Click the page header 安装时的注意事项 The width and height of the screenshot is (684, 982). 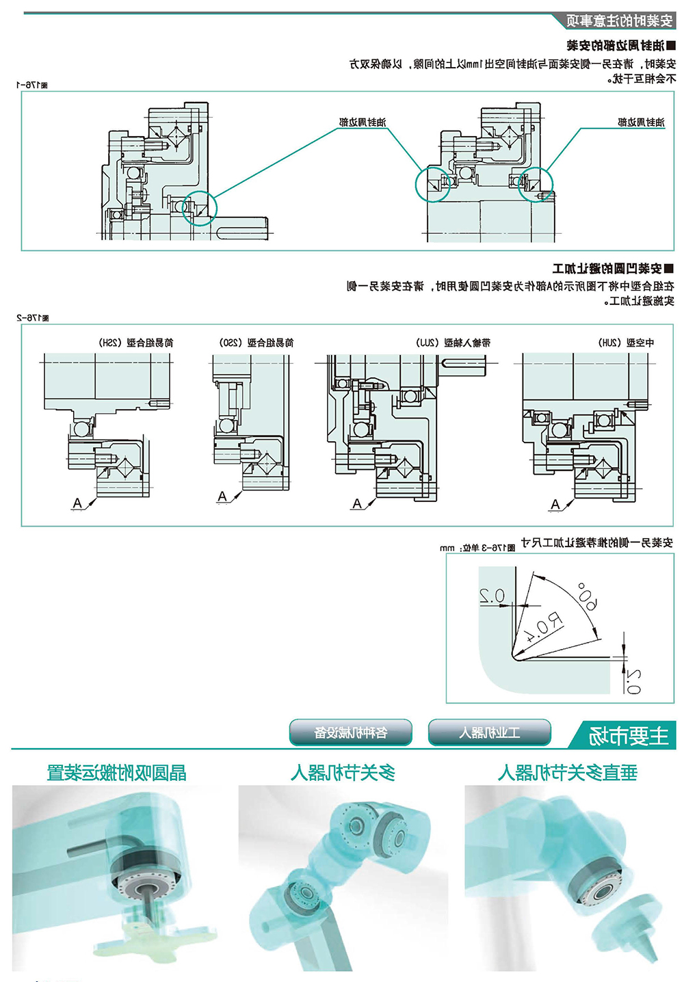tap(619, 21)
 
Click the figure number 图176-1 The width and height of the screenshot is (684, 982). tap(32, 85)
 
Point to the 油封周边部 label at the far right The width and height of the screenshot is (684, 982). tap(641, 122)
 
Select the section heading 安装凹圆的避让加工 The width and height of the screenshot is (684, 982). tap(613, 268)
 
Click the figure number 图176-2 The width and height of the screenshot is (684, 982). tap(32, 317)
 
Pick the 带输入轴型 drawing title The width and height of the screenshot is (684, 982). tap(453, 343)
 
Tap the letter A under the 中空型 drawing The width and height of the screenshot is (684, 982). tap(555, 504)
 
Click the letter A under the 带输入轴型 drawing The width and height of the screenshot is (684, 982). tap(356, 503)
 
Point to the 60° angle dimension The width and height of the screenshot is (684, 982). tap(587, 595)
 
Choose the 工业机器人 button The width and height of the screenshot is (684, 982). tap(489, 732)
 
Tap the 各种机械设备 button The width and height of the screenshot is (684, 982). tap(351, 732)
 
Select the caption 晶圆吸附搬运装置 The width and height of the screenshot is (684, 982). tap(116, 773)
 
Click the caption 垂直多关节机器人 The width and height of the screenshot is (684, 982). tap(568, 773)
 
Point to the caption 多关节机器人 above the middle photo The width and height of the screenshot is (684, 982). tap(343, 773)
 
